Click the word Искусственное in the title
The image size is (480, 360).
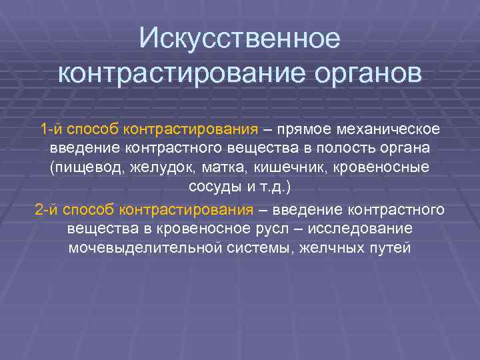pyautogui.click(x=240, y=38)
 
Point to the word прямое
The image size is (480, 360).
pyautogui.click(x=308, y=128)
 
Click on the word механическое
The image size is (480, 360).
pyautogui.click(x=394, y=128)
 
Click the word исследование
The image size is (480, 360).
pyautogui.click(x=361, y=229)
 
